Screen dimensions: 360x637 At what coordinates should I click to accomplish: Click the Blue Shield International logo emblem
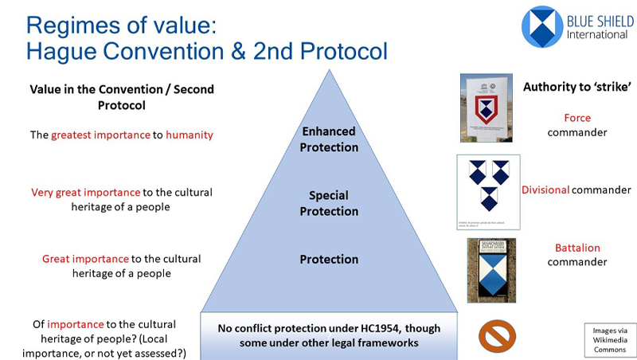tap(542, 27)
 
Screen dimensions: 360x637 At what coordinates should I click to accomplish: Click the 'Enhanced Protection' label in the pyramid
tap(329, 139)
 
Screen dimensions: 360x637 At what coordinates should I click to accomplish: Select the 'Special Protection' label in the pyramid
tap(329, 203)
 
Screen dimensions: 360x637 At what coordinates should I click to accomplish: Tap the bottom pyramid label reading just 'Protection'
tap(329, 259)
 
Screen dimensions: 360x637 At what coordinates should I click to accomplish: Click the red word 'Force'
tap(577, 118)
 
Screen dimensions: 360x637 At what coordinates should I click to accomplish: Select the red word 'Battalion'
tap(577, 248)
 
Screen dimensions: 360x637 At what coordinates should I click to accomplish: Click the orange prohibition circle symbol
tap(497, 335)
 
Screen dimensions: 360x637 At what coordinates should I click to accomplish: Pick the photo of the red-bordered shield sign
tap(484, 108)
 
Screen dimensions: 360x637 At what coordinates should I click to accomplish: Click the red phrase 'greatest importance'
tap(100, 135)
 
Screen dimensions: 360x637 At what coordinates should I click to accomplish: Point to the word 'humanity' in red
tap(189, 135)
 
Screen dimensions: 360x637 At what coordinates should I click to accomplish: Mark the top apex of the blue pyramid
tap(329, 71)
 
